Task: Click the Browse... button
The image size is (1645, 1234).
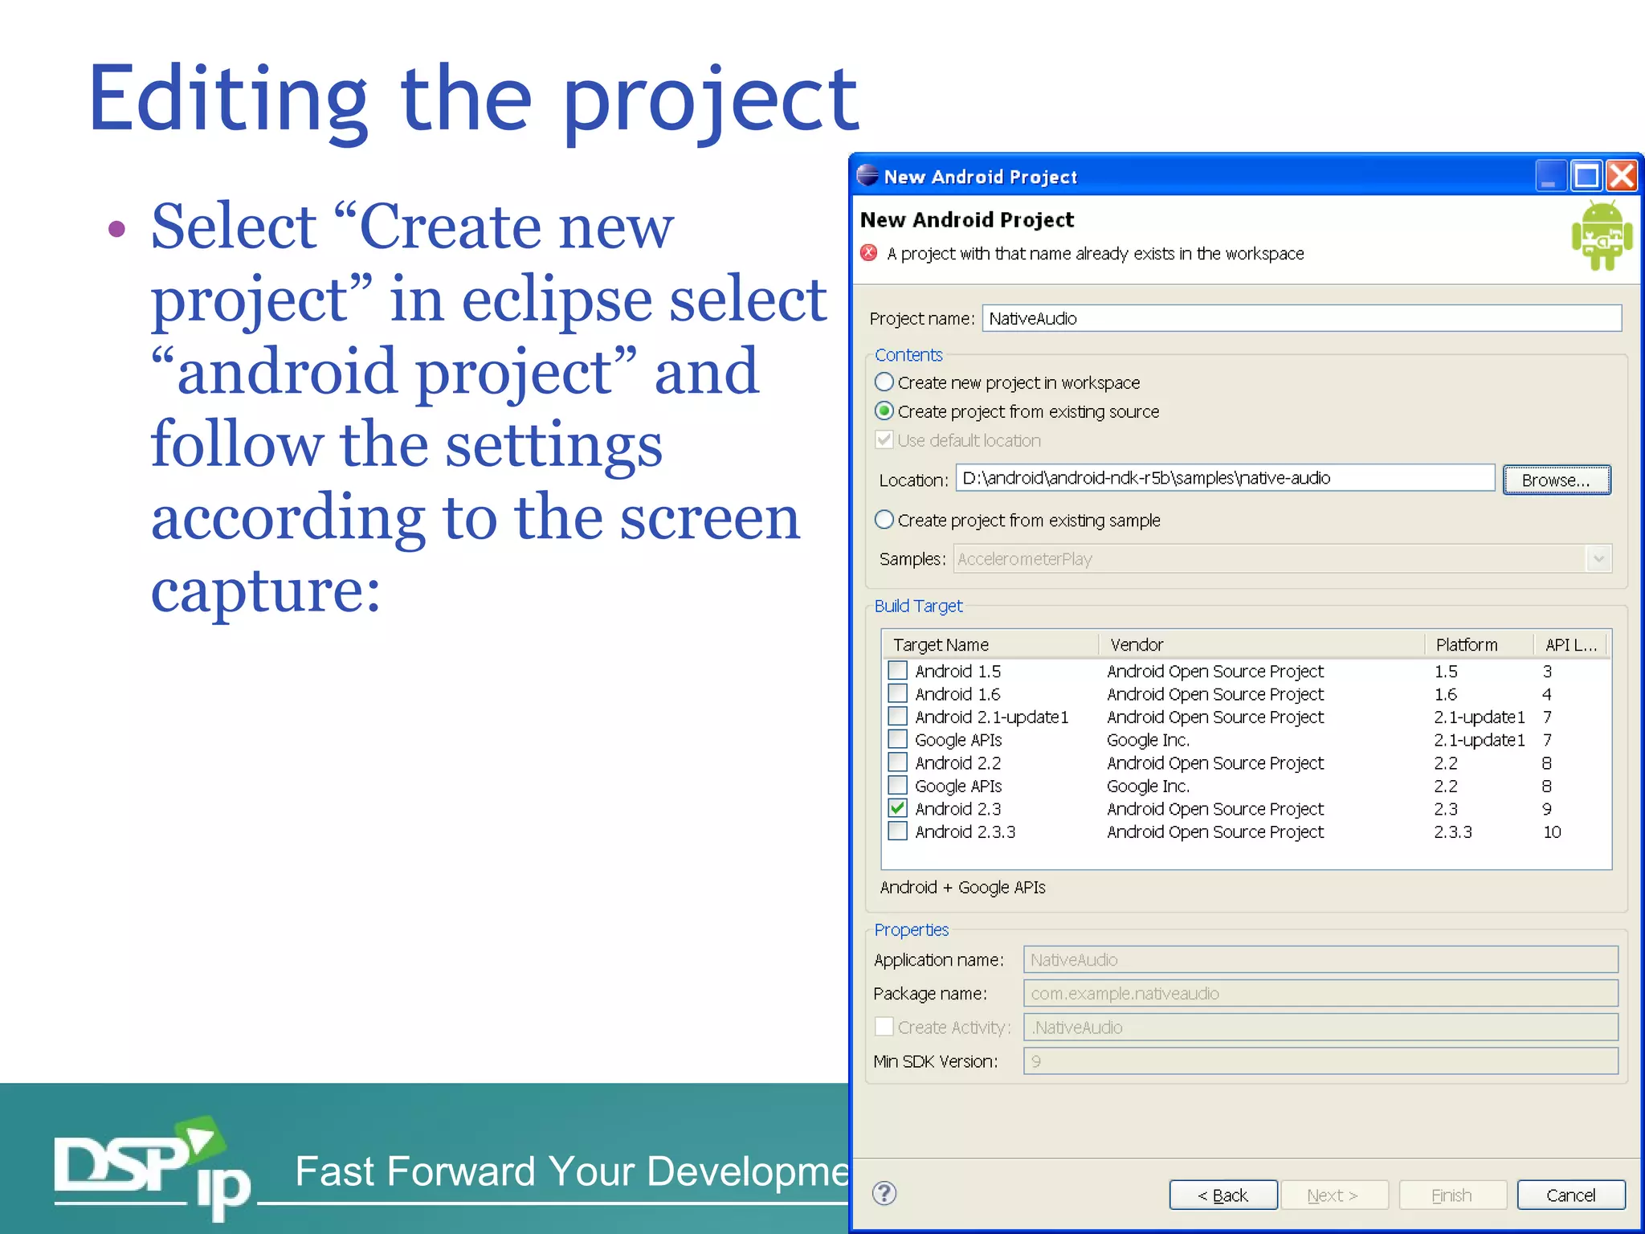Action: (1556, 480)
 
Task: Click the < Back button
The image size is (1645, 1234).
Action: (1223, 1195)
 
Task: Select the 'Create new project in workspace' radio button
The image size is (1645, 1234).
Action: (884, 382)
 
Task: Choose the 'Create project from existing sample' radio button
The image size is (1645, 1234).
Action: (884, 520)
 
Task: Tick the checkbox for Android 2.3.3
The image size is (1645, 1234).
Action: (897, 832)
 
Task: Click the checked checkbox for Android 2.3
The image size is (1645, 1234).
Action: (897, 808)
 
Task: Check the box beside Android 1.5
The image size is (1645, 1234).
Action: (897, 670)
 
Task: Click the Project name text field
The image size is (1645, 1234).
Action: (1301, 318)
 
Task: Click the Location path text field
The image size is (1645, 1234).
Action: (1224, 478)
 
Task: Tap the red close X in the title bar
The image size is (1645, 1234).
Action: (1623, 176)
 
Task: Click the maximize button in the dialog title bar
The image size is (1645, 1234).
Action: (1586, 176)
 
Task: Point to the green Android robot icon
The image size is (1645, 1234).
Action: (1602, 236)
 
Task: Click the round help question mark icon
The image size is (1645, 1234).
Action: (884, 1194)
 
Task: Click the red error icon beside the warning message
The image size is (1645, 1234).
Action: (869, 253)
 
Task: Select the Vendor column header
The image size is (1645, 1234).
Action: (1137, 644)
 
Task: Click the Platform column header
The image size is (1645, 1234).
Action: (1466, 644)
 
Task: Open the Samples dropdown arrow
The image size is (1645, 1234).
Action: (1598, 558)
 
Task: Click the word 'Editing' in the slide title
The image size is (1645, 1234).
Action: (228, 100)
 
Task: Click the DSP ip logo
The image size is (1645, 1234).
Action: (153, 1169)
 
